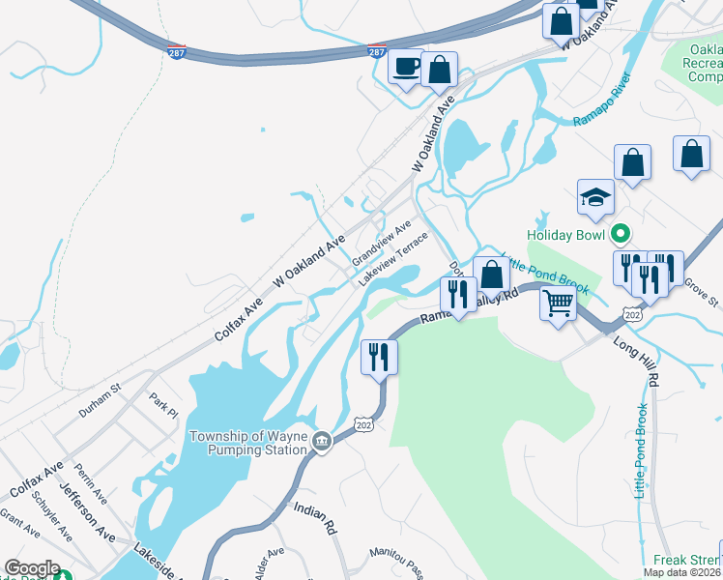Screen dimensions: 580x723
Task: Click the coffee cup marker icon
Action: coord(405,68)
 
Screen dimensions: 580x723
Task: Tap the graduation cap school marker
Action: coord(595,198)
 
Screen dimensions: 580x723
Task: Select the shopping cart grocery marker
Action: coord(559,303)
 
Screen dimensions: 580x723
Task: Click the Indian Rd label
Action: coord(314,518)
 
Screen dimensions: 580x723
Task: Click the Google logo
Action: coord(32,568)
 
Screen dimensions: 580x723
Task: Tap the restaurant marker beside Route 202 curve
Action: coord(379,357)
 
